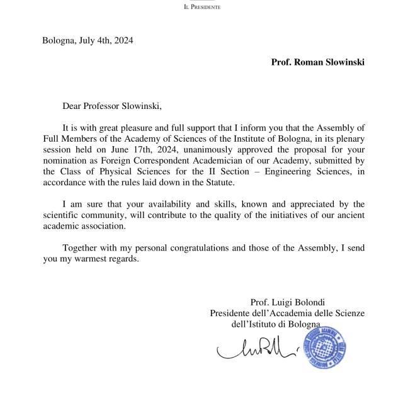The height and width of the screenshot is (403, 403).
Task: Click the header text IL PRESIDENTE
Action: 201,8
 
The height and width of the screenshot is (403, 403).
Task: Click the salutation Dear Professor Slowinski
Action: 116,105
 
